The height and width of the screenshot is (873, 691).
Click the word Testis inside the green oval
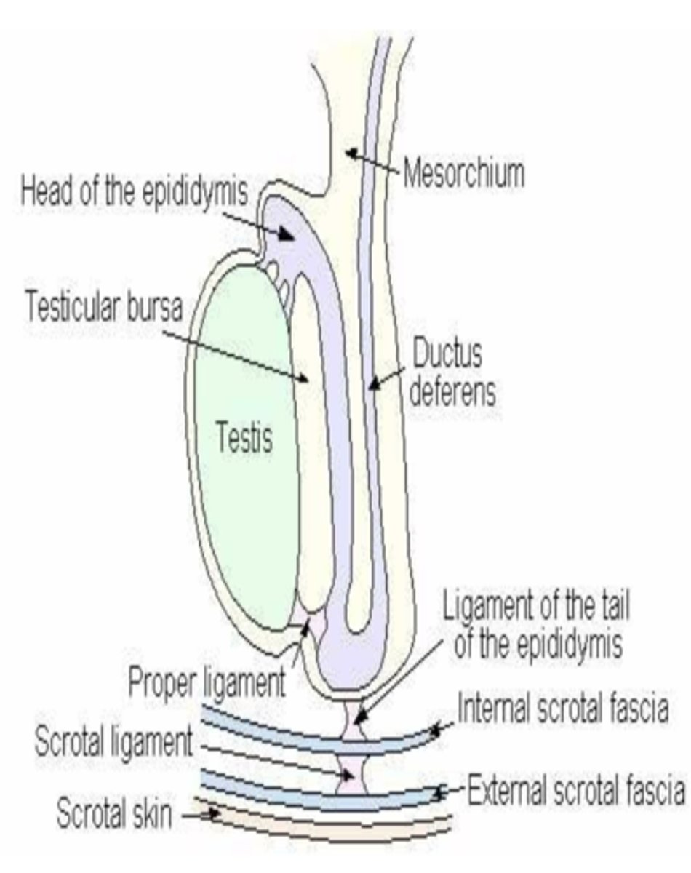pyautogui.click(x=244, y=439)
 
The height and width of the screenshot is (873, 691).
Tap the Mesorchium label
pyautogui.click(x=463, y=175)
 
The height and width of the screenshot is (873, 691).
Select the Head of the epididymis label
pyautogui.click(x=135, y=192)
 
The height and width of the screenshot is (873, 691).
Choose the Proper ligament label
pyautogui.click(x=206, y=682)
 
